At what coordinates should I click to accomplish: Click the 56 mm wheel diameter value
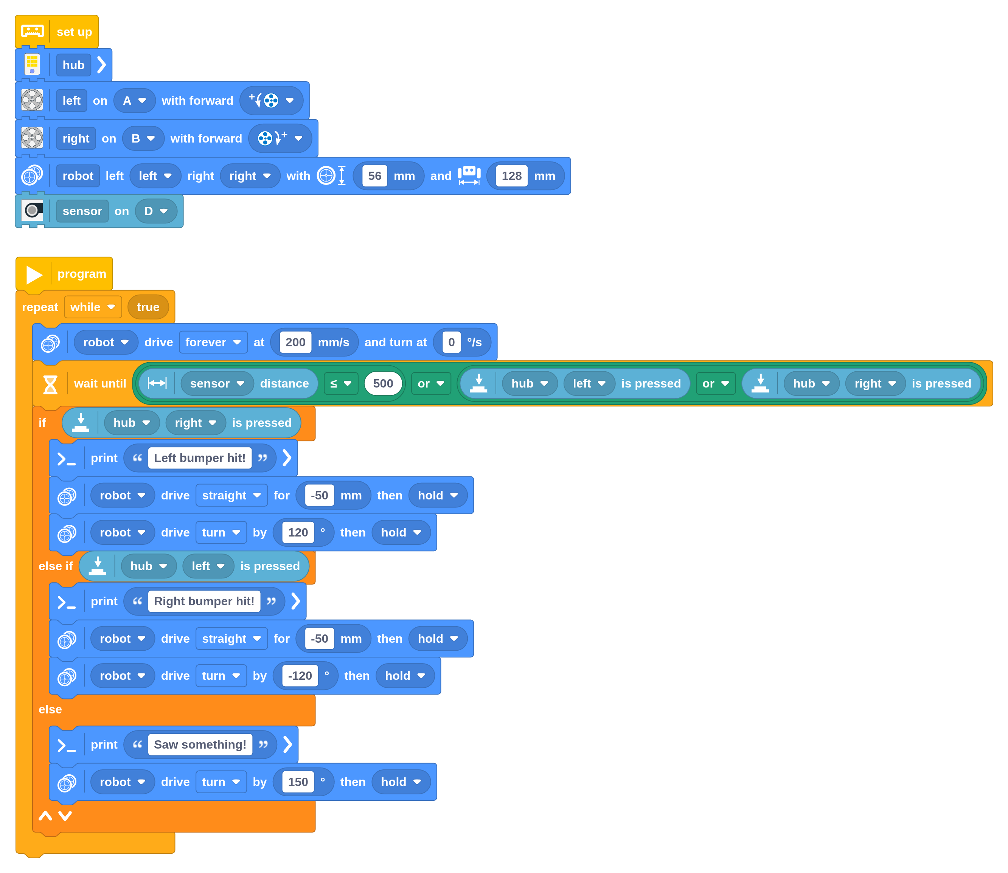tap(374, 176)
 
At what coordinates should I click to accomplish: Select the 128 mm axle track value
tap(511, 176)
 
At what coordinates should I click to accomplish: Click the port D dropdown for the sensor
tap(156, 211)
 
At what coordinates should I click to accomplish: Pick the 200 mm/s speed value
tap(295, 343)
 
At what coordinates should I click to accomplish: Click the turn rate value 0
tap(451, 343)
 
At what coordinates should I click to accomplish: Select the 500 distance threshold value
tap(383, 383)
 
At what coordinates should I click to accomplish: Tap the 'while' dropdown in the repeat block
tap(93, 307)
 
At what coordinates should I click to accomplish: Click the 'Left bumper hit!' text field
tap(200, 458)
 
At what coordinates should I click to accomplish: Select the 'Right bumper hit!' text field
tap(204, 601)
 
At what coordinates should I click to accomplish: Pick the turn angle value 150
tap(298, 782)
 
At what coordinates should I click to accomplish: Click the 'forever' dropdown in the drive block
tap(213, 343)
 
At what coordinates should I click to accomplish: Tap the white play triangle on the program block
tap(34, 274)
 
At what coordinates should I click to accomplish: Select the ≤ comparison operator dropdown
tap(341, 383)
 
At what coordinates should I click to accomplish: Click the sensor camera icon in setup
tap(32, 211)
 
